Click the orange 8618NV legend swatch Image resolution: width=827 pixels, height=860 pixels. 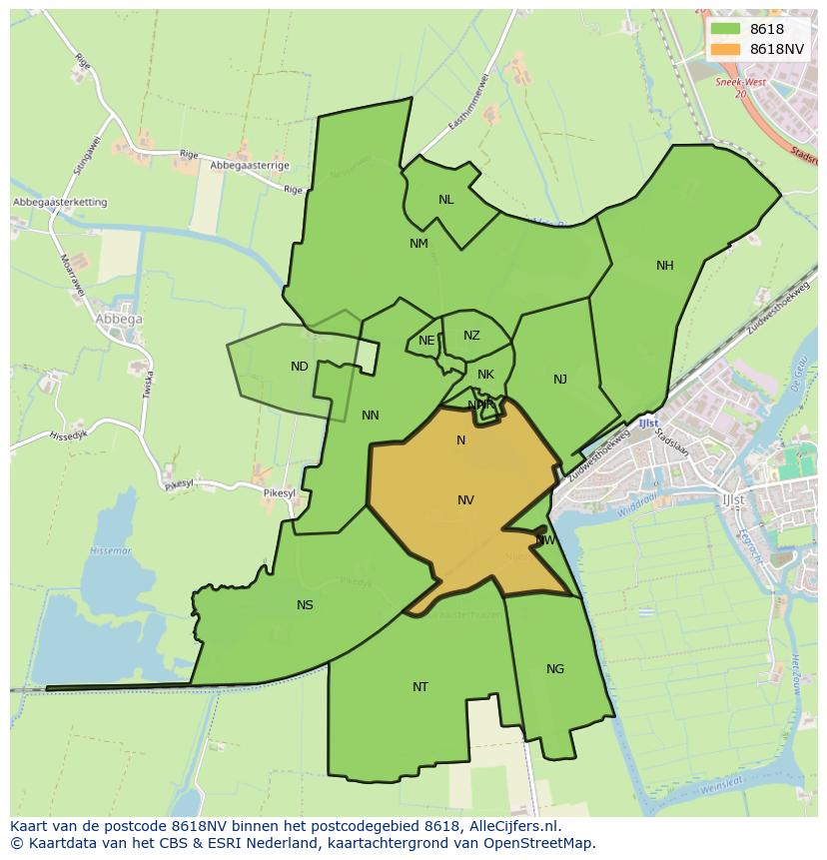[725, 49]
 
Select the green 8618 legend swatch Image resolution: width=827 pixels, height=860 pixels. [725, 30]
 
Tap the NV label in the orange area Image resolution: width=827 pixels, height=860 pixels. [465, 500]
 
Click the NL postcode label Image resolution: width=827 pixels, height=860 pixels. [445, 200]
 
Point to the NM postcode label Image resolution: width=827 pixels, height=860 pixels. [418, 244]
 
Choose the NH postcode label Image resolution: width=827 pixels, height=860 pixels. [665, 266]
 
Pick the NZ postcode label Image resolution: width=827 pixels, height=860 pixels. [471, 336]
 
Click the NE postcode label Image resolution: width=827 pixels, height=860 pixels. [426, 341]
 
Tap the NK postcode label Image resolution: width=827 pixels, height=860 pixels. [485, 376]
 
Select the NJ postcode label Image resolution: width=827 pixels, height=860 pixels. [560, 380]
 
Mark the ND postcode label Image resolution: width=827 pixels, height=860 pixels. [300, 367]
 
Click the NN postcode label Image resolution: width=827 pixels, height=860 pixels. [371, 416]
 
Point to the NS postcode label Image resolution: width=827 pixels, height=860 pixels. [305, 605]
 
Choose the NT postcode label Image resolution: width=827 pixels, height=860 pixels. [420, 687]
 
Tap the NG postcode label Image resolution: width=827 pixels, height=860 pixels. [555, 669]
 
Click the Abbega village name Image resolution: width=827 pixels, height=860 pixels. [118, 320]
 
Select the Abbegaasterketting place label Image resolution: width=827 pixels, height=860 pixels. [60, 202]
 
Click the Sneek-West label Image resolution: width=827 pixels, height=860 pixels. [740, 83]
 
